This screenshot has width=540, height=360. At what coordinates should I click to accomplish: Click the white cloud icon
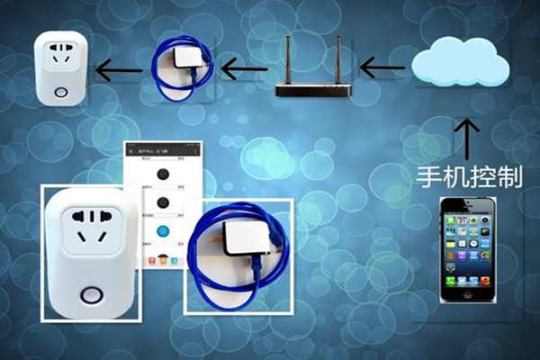pyautogui.click(x=461, y=61)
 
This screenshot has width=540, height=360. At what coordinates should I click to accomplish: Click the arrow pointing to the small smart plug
pyautogui.click(x=120, y=68)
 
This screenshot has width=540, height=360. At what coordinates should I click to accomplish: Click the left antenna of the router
pyautogui.click(x=288, y=59)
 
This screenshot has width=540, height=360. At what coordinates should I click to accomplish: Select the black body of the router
pyautogui.click(x=311, y=89)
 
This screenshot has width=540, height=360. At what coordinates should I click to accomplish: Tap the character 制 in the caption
pyautogui.click(x=509, y=175)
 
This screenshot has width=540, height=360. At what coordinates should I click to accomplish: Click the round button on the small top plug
pyautogui.click(x=60, y=93)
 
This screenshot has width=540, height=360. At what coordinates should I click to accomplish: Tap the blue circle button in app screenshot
pyautogui.click(x=163, y=231)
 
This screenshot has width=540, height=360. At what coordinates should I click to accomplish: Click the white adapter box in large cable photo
pyautogui.click(x=245, y=239)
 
